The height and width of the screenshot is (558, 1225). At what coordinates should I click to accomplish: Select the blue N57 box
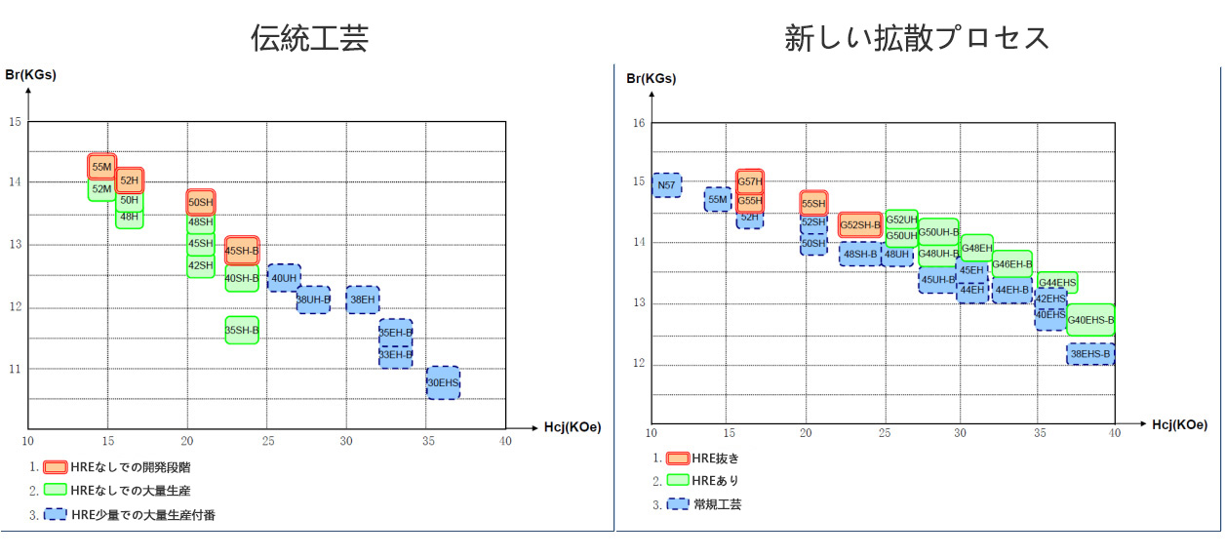point(667,184)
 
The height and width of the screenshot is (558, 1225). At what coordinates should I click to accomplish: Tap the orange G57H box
point(750,180)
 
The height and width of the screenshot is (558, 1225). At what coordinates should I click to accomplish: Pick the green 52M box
point(101,189)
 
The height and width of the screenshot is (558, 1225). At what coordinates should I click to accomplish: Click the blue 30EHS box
point(443,382)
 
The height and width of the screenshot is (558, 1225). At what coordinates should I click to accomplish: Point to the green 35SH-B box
point(242,331)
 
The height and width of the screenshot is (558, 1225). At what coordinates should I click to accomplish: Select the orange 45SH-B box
point(242,251)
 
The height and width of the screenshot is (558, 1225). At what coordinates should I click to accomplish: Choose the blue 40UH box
point(284,278)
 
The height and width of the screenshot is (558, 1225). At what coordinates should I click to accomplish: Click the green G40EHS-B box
point(1090,320)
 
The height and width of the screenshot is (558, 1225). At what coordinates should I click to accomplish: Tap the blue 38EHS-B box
point(1090,354)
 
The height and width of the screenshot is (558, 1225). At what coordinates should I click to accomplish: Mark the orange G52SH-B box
point(860,225)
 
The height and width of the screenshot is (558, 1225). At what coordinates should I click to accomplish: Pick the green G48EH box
point(976,248)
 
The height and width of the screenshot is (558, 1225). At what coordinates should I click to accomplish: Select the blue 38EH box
point(363,299)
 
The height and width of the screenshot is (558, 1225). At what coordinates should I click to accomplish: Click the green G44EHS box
point(1057,283)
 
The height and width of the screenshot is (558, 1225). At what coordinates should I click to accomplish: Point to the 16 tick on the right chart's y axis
point(639,123)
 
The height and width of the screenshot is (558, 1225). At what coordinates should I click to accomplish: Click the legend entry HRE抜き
point(716,458)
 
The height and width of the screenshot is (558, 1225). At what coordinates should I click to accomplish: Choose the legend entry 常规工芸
point(717,504)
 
